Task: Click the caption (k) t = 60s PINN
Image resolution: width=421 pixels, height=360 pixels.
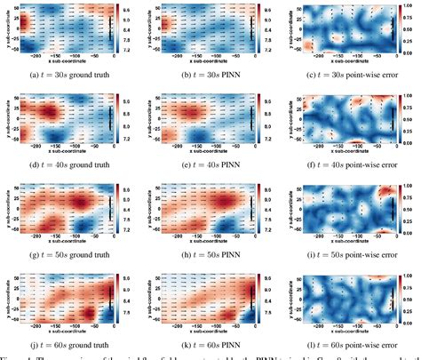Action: tap(210, 342)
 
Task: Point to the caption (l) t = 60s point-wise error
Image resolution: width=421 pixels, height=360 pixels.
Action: tap(348, 342)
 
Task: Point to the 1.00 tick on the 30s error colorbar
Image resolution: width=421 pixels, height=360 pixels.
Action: tap(413, 7)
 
